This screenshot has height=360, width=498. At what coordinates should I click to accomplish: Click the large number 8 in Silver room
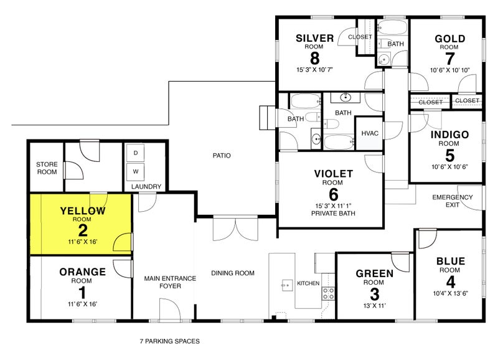314,58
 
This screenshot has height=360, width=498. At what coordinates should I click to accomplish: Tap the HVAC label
370,133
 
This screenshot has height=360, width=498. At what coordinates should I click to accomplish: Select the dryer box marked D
136,153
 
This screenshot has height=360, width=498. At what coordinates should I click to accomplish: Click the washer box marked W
136,171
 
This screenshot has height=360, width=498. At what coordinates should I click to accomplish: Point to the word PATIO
222,155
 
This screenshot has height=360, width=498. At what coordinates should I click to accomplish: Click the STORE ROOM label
47,168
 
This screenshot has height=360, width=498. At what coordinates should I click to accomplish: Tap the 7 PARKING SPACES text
169,341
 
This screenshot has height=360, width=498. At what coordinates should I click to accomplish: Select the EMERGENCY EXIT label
453,201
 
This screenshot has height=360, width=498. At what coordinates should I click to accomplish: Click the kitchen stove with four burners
329,293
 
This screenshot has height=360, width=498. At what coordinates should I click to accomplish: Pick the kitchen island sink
287,285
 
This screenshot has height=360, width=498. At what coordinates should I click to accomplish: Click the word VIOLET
334,174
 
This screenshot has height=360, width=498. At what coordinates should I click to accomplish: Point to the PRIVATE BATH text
333,213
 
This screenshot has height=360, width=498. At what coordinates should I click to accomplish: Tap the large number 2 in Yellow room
83,230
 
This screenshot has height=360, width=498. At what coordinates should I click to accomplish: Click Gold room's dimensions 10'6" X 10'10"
449,70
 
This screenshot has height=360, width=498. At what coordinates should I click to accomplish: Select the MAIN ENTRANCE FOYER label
170,282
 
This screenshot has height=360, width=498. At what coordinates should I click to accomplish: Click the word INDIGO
449,135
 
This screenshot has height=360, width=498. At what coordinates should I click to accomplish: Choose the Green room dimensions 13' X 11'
375,306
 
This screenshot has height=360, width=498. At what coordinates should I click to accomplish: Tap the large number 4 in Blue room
450,282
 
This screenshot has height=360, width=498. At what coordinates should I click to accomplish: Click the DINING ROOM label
233,273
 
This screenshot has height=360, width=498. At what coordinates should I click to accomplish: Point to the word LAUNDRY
146,186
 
